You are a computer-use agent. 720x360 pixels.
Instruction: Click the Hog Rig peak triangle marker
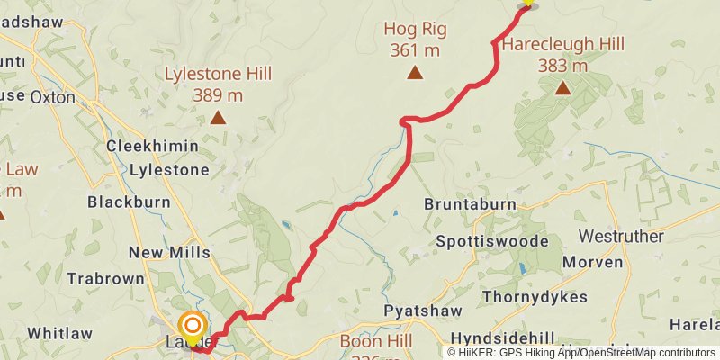pyautogui.click(x=415, y=73)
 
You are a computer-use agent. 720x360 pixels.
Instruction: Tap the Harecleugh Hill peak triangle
pyautogui.click(x=562, y=87)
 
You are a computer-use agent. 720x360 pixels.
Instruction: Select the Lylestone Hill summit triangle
pyautogui.click(x=218, y=117)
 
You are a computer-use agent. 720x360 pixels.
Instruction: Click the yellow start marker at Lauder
pyautogui.click(x=193, y=326)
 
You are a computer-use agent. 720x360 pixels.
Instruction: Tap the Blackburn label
pyautogui.click(x=129, y=202)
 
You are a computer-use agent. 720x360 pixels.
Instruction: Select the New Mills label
pyautogui.click(x=169, y=253)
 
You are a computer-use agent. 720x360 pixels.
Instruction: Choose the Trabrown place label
pyautogui.click(x=106, y=279)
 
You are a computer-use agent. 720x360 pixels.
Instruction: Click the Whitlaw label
pyautogui.click(x=59, y=333)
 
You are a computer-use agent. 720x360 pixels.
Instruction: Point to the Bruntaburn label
pyautogui.click(x=470, y=204)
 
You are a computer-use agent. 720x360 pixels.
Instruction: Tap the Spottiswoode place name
pyautogui.click(x=491, y=242)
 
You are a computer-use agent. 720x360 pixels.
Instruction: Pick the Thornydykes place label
pyautogui.click(x=535, y=296)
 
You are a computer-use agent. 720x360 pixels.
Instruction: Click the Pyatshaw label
pyautogui.click(x=423, y=310)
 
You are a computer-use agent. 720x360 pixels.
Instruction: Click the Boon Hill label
pyautogui.click(x=376, y=342)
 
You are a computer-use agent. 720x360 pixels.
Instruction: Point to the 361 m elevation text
pyautogui.click(x=415, y=50)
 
